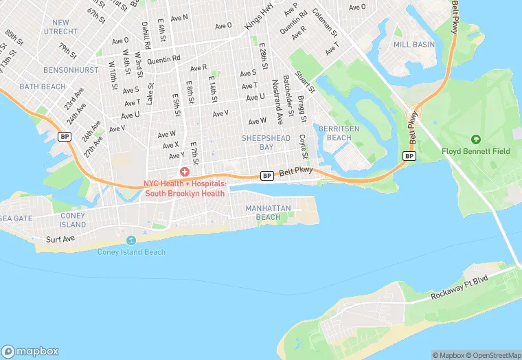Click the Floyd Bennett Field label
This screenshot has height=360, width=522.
[475, 150]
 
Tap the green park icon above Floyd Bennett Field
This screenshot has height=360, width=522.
[475, 139]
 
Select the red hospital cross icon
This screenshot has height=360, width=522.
[184, 172]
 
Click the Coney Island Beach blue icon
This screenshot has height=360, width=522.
[131, 240]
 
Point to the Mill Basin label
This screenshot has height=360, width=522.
[414, 44]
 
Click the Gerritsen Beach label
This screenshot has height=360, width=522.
[335, 133]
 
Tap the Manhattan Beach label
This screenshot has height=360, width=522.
[269, 212]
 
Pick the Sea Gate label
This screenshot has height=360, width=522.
[15, 218]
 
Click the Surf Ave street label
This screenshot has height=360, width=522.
[60, 240]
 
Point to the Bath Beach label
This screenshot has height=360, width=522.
[43, 87]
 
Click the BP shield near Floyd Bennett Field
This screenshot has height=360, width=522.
[409, 156]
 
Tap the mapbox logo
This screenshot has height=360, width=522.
[31, 350]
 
